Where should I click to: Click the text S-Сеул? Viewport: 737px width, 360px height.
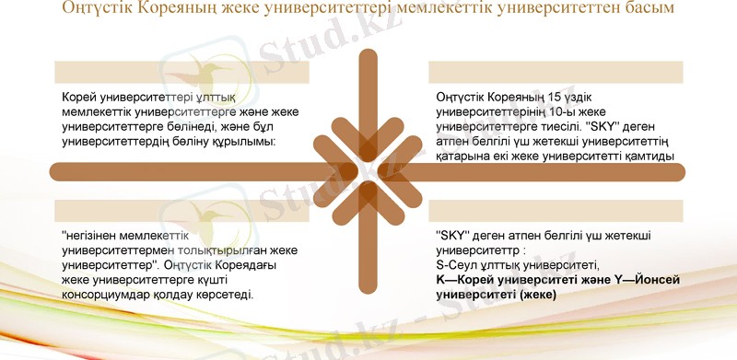(x=459, y=264)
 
